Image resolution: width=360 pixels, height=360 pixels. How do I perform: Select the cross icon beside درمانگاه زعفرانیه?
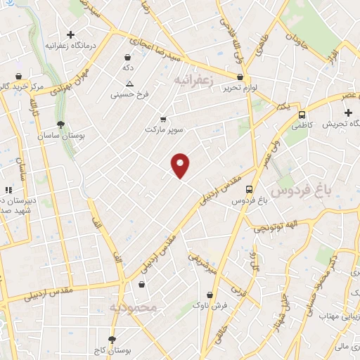70,34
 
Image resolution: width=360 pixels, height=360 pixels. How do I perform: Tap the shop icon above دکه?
127,57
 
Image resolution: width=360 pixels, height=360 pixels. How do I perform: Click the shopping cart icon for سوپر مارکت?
163,120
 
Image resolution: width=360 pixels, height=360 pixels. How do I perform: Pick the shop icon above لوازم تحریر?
240,77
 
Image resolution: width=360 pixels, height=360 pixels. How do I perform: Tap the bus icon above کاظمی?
302,114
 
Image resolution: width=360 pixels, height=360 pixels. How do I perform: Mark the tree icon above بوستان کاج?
111,339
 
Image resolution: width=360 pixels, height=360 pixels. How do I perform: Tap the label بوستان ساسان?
62,136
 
